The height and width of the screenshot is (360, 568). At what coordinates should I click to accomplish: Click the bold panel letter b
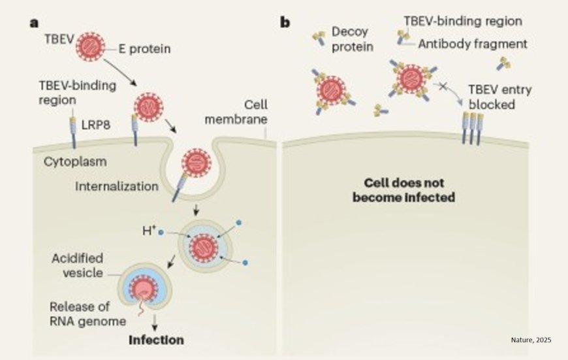coord(285,23)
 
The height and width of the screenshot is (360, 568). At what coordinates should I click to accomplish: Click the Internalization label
coord(117,186)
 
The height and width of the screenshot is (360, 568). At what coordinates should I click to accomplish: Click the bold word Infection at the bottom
coord(156,340)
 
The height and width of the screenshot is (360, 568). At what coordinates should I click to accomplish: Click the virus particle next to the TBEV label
coord(91,47)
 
